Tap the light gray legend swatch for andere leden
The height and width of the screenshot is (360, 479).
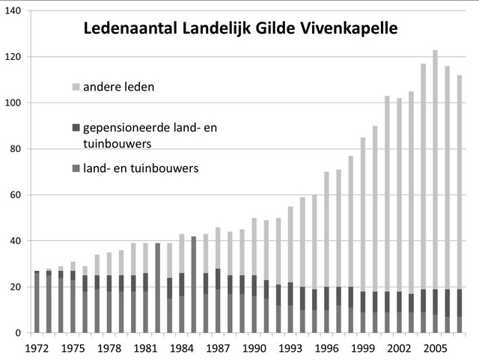click(x=76, y=88)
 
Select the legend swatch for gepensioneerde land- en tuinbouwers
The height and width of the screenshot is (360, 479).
click(x=76, y=128)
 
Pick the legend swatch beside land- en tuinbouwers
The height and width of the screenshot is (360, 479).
click(x=76, y=168)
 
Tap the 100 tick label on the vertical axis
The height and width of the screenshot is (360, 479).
click(x=12, y=103)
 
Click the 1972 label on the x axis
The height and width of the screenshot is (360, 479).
click(x=37, y=348)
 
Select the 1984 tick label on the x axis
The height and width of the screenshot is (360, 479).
click(x=182, y=348)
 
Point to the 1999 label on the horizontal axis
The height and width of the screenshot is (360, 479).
click(x=363, y=348)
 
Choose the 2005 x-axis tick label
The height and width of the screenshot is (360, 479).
click(x=436, y=348)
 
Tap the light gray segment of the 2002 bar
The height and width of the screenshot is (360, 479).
click(x=399, y=195)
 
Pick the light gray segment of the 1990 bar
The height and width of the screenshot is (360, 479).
click(x=254, y=247)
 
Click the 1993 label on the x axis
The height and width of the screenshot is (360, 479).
click(x=290, y=348)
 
